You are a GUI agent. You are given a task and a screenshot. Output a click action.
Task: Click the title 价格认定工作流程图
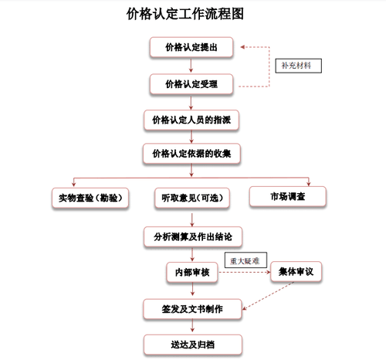point(185,14)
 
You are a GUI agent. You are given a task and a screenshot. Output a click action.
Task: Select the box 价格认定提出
point(191,47)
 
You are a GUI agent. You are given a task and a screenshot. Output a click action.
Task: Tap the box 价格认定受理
point(191,84)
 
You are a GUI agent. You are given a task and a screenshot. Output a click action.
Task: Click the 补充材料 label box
point(299,66)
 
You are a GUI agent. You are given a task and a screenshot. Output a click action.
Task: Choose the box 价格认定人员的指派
point(191,120)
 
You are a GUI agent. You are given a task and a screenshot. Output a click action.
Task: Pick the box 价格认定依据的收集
point(191,154)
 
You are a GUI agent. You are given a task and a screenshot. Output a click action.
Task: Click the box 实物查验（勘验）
point(90,198)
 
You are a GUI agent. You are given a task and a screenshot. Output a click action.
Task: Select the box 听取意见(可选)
point(192,198)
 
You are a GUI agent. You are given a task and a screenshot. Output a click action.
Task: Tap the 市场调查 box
point(288,196)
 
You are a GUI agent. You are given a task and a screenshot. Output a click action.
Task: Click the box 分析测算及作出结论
point(193,236)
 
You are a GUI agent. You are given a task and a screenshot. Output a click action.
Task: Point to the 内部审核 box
point(192,272)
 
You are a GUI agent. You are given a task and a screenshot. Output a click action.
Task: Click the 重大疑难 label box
point(245,260)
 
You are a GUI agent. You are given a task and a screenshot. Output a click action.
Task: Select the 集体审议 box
point(296,272)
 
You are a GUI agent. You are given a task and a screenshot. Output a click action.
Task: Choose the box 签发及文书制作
point(192,309)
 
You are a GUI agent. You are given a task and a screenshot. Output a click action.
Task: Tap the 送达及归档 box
point(193,345)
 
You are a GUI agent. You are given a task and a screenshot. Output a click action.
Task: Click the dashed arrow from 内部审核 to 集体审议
point(245,272)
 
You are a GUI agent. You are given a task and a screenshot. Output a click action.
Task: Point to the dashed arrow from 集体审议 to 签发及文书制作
point(268,296)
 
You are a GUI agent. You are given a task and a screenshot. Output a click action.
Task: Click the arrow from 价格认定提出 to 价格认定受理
point(191,66)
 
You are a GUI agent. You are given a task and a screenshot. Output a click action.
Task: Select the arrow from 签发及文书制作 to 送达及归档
point(192,326)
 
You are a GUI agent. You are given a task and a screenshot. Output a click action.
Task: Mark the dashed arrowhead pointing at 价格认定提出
point(242,47)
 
